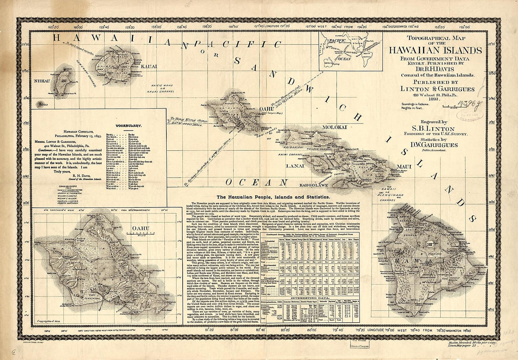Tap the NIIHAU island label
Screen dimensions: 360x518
pos(42,81)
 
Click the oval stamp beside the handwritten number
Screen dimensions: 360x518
pos(466,115)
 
